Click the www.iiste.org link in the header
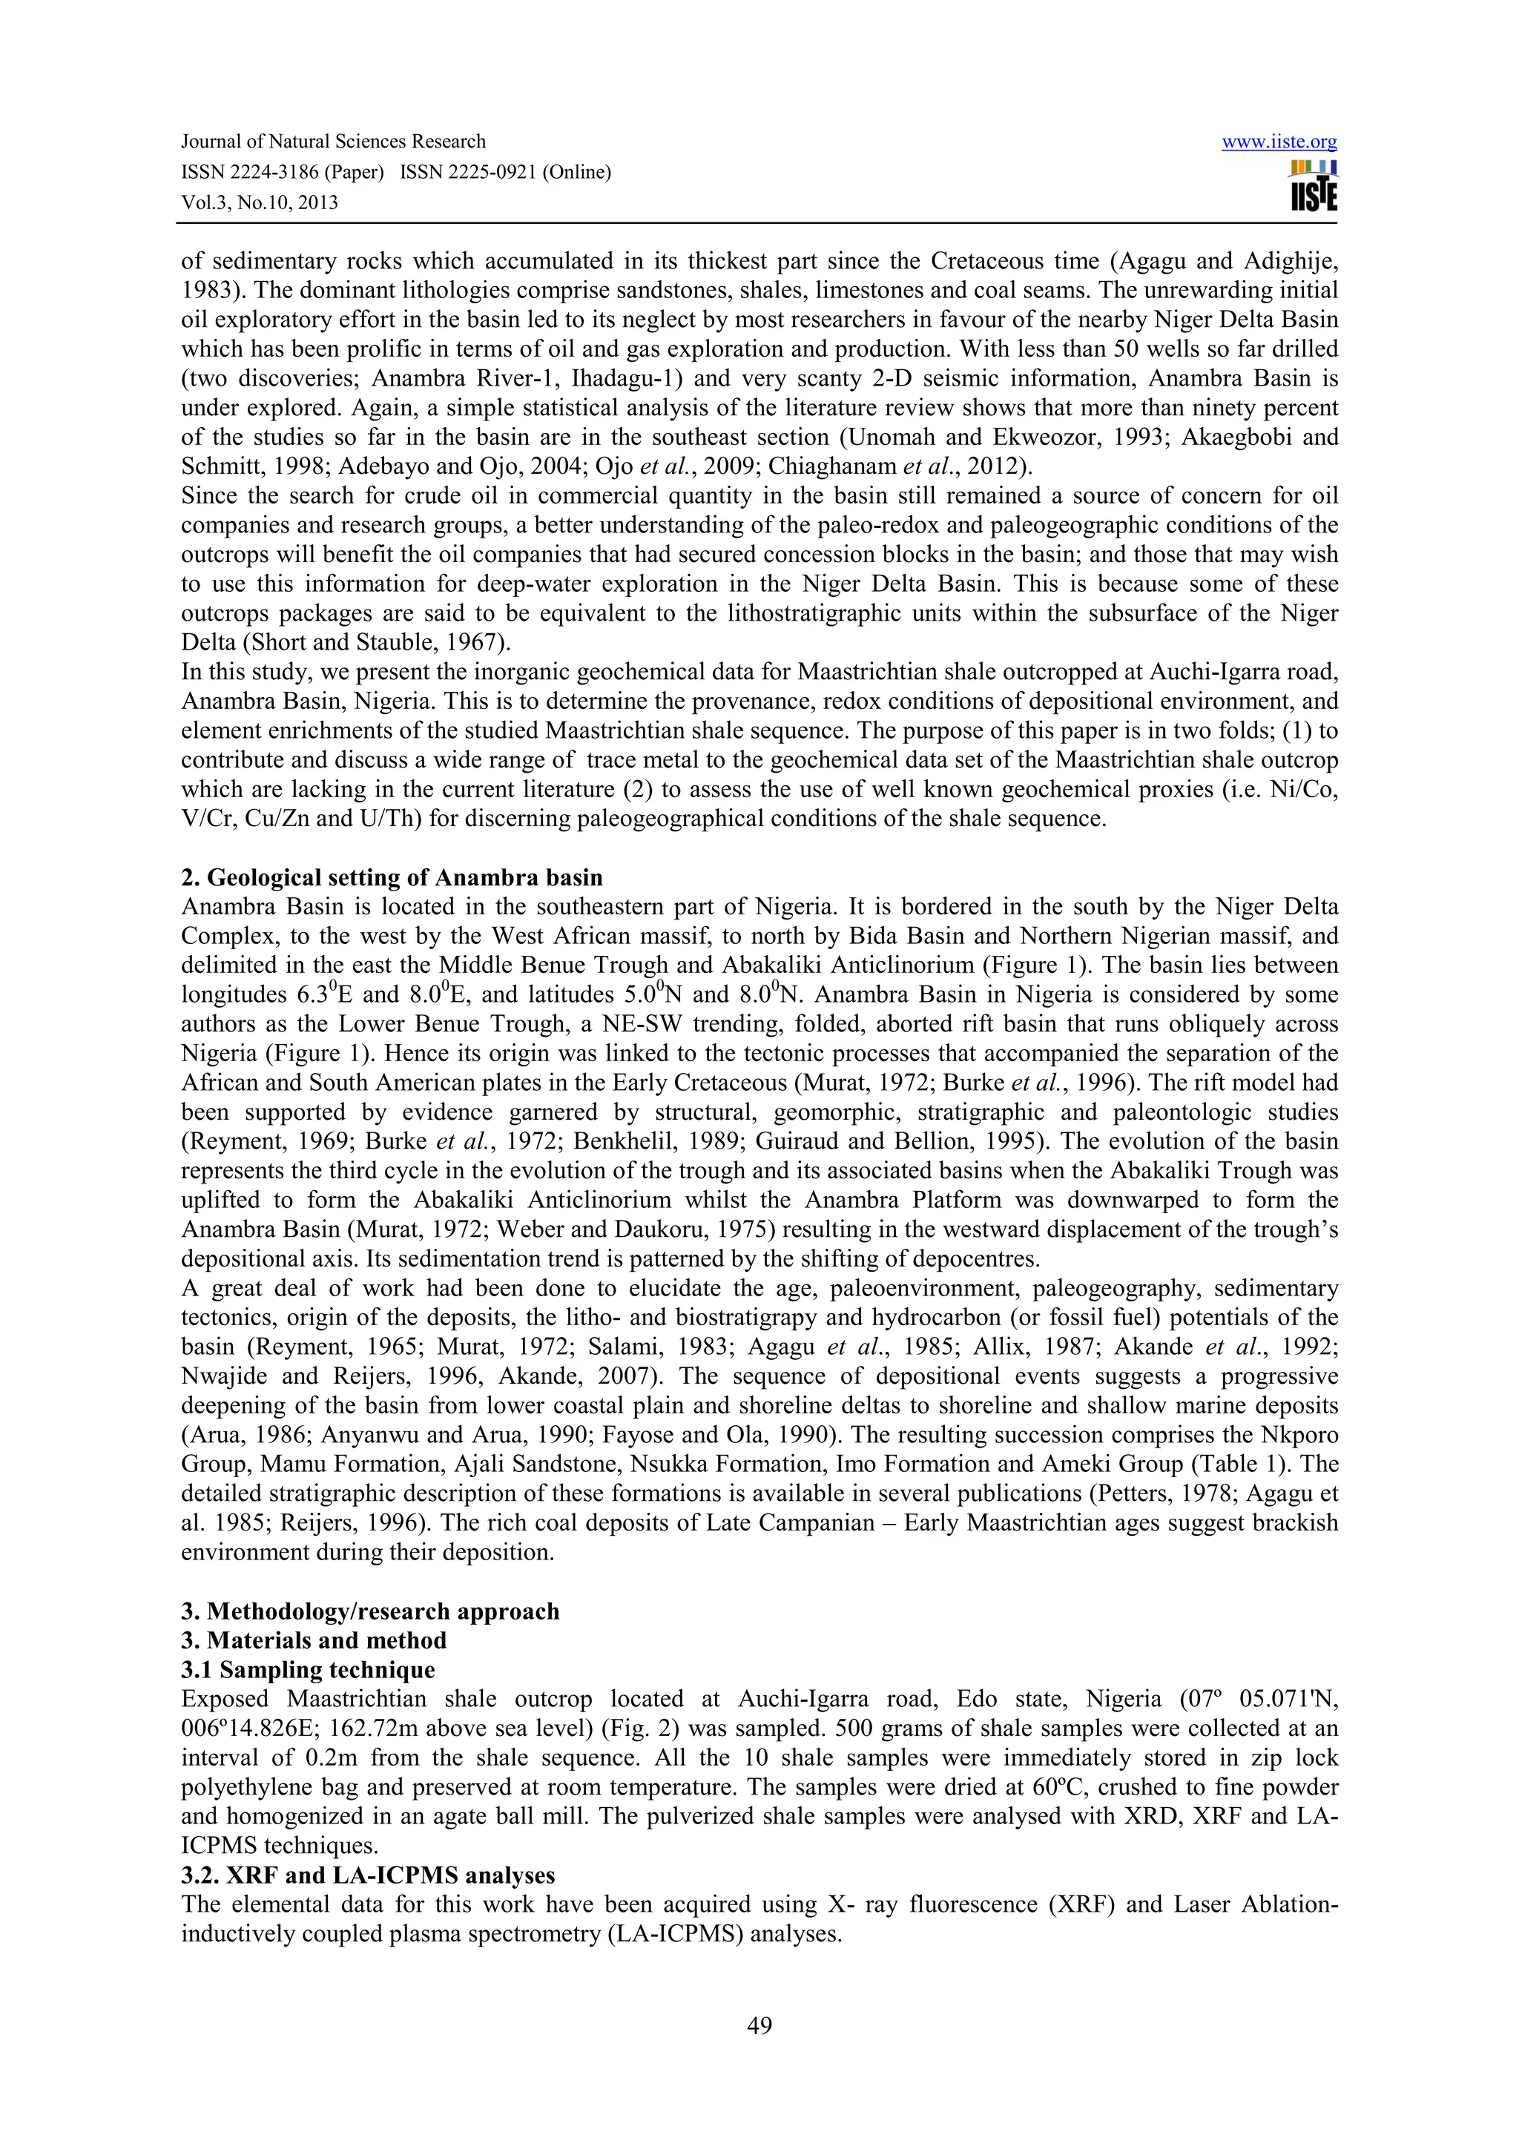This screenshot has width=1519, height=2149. point(1279,142)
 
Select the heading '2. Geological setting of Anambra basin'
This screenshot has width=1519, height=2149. point(392,878)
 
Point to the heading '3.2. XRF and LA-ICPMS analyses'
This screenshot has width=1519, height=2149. point(368,1875)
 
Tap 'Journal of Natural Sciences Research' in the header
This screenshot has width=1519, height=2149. point(333,142)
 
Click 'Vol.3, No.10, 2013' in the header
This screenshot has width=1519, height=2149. point(260,202)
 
